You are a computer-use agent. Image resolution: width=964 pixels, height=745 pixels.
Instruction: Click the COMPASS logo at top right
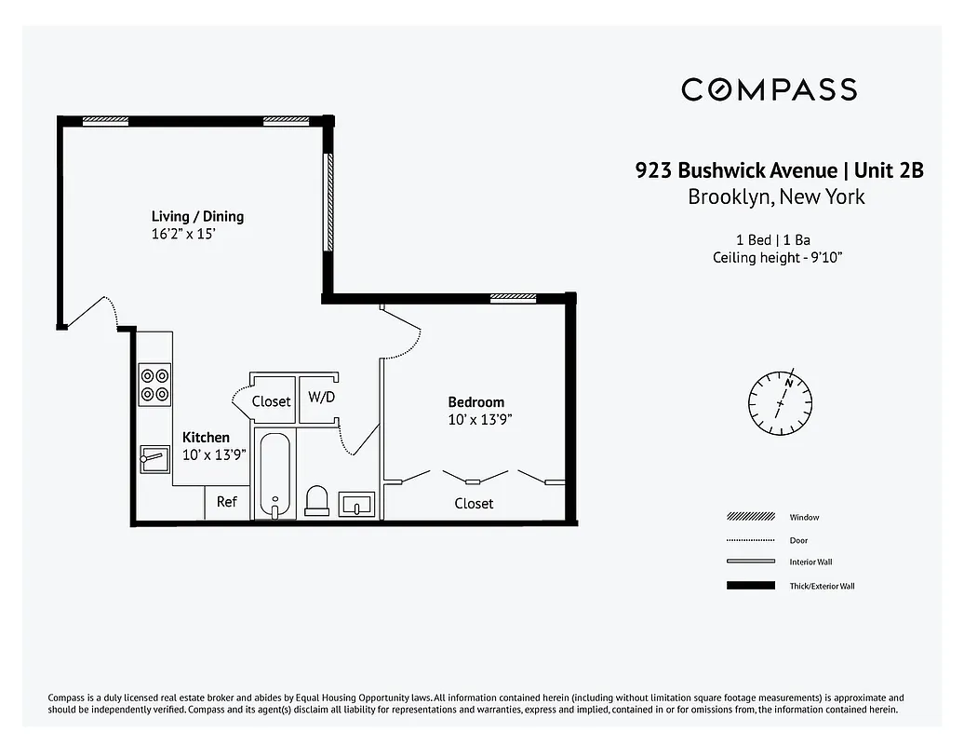coord(769,89)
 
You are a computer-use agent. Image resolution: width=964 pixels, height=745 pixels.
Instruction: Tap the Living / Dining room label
coord(197,217)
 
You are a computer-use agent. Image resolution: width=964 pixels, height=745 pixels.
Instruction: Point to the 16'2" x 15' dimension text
coord(184,235)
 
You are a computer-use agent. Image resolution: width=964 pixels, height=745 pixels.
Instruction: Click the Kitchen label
coord(206,437)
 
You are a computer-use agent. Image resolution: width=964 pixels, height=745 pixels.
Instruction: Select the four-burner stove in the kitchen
coord(154,385)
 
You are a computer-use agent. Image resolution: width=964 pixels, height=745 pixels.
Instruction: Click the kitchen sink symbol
coord(154,458)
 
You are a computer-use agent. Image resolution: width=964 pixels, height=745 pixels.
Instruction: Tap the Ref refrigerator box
coord(227,502)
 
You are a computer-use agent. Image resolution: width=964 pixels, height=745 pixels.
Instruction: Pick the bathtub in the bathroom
coord(274,475)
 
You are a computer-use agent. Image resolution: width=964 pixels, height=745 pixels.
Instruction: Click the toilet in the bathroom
coord(317,501)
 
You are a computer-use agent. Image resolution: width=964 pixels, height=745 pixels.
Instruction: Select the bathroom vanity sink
coord(357,504)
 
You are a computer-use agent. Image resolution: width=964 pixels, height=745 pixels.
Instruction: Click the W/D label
coord(321,398)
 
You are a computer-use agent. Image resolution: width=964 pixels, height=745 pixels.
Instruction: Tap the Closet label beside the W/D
coord(271,401)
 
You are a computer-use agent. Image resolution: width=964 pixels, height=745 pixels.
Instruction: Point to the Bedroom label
coord(475,402)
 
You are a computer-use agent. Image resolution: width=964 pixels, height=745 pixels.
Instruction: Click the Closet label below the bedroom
coord(474,503)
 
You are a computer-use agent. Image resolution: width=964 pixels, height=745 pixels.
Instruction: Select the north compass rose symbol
coord(781,403)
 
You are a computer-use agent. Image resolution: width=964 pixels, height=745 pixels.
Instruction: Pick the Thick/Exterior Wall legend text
coord(822,586)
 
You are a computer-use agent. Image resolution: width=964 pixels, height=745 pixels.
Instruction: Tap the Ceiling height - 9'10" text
coord(778,258)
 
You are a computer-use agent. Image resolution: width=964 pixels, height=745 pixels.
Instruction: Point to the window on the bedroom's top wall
coord(513,298)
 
